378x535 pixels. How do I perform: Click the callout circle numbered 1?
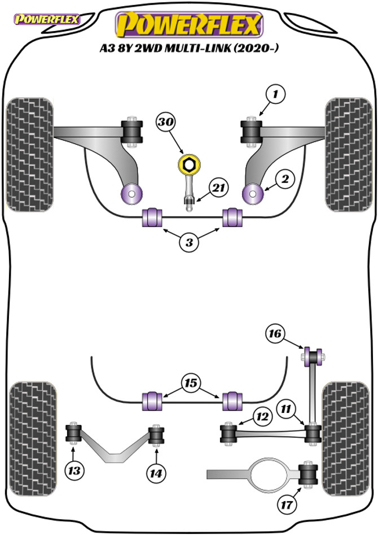[x=275, y=93]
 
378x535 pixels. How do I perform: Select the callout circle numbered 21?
[x=218, y=188]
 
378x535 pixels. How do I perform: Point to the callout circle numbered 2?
[x=285, y=179]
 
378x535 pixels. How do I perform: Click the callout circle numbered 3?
[x=189, y=242]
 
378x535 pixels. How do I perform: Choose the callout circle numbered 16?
[x=275, y=333]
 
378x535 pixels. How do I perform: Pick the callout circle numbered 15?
[x=191, y=383]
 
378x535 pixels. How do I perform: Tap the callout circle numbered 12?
[x=263, y=416]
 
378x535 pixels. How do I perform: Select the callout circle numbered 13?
[x=74, y=471]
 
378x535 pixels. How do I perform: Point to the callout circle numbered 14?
[x=156, y=473]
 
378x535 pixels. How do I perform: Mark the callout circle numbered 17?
[x=287, y=503]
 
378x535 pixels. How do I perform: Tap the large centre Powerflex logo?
[x=189, y=24]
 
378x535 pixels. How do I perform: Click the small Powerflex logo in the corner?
[x=46, y=19]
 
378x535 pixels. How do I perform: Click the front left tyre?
[x=30, y=155]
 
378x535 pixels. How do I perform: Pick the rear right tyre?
[x=346, y=439]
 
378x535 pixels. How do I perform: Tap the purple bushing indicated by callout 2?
[x=253, y=194]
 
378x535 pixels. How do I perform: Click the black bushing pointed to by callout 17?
[x=308, y=474]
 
